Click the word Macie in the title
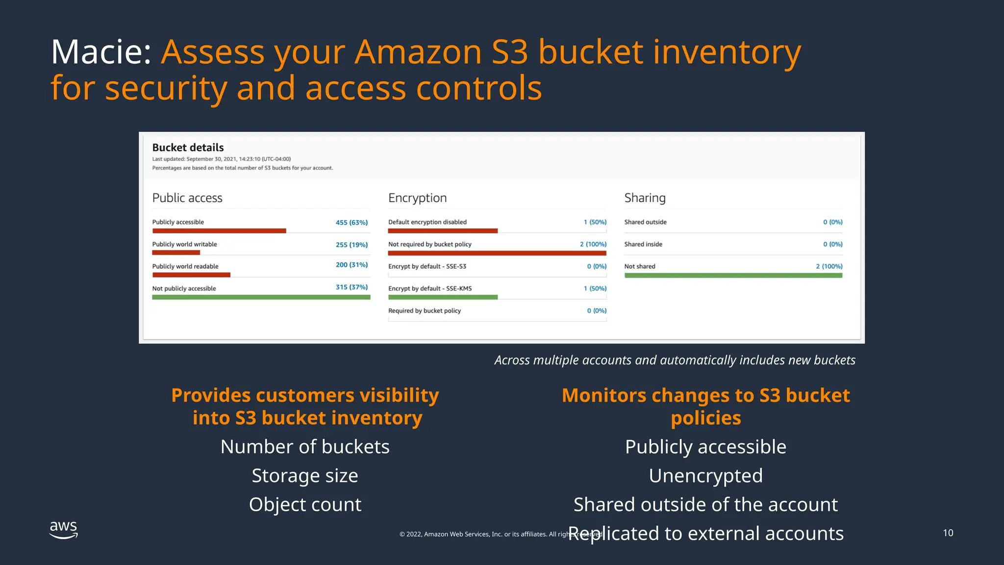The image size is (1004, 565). pyautogui.click(x=100, y=52)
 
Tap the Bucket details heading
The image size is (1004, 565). pyautogui.click(x=188, y=148)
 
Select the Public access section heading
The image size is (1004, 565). pyautogui.click(x=187, y=198)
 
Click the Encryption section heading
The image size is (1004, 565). pyautogui.click(x=417, y=198)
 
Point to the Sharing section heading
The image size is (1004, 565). pyautogui.click(x=645, y=198)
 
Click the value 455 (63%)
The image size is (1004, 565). pyautogui.click(x=351, y=223)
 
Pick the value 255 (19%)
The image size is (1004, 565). pyautogui.click(x=351, y=245)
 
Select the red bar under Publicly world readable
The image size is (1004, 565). pyautogui.click(x=191, y=275)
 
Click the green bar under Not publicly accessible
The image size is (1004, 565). pyautogui.click(x=261, y=297)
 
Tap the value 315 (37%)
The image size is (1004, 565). pyautogui.click(x=351, y=287)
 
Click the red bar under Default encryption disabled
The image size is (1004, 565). pyautogui.click(x=443, y=231)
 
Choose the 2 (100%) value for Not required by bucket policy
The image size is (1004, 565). pyautogui.click(x=593, y=244)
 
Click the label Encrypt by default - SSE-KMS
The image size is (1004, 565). pyautogui.click(x=430, y=288)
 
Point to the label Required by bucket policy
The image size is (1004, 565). pyautogui.click(x=425, y=311)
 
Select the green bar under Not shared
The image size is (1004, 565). pyautogui.click(x=733, y=276)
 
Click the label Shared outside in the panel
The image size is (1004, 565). pyautogui.click(x=645, y=222)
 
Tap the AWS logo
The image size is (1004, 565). pyautogui.click(x=64, y=530)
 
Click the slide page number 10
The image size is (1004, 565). pyautogui.click(x=948, y=533)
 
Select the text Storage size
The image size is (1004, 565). pyautogui.click(x=305, y=476)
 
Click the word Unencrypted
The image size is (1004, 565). pyautogui.click(x=705, y=476)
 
